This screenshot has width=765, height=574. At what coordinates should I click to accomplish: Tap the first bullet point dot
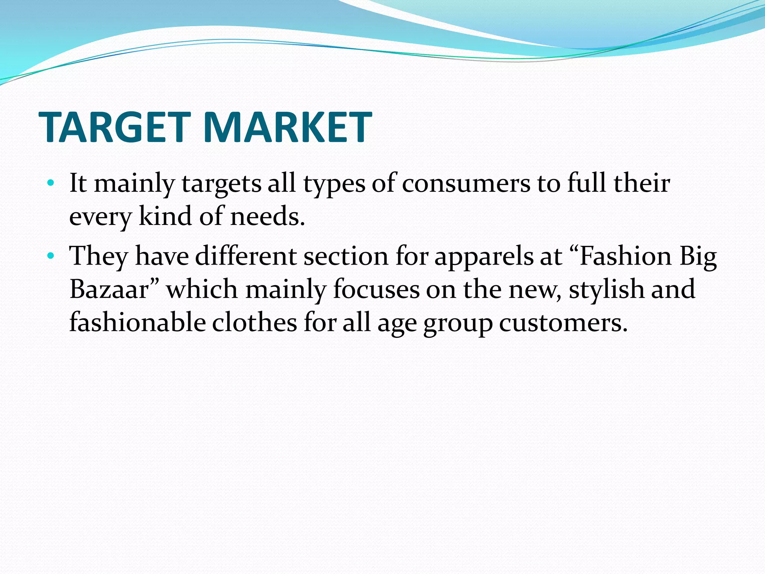[x=51, y=183]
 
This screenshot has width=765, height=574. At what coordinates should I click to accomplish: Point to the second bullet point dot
[x=51, y=256]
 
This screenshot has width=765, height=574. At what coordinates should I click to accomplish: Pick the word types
[x=334, y=184]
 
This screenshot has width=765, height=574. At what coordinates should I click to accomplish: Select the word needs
[x=267, y=216]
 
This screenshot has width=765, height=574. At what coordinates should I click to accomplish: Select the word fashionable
[x=137, y=322]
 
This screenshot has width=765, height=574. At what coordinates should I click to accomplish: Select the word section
[x=346, y=256]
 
